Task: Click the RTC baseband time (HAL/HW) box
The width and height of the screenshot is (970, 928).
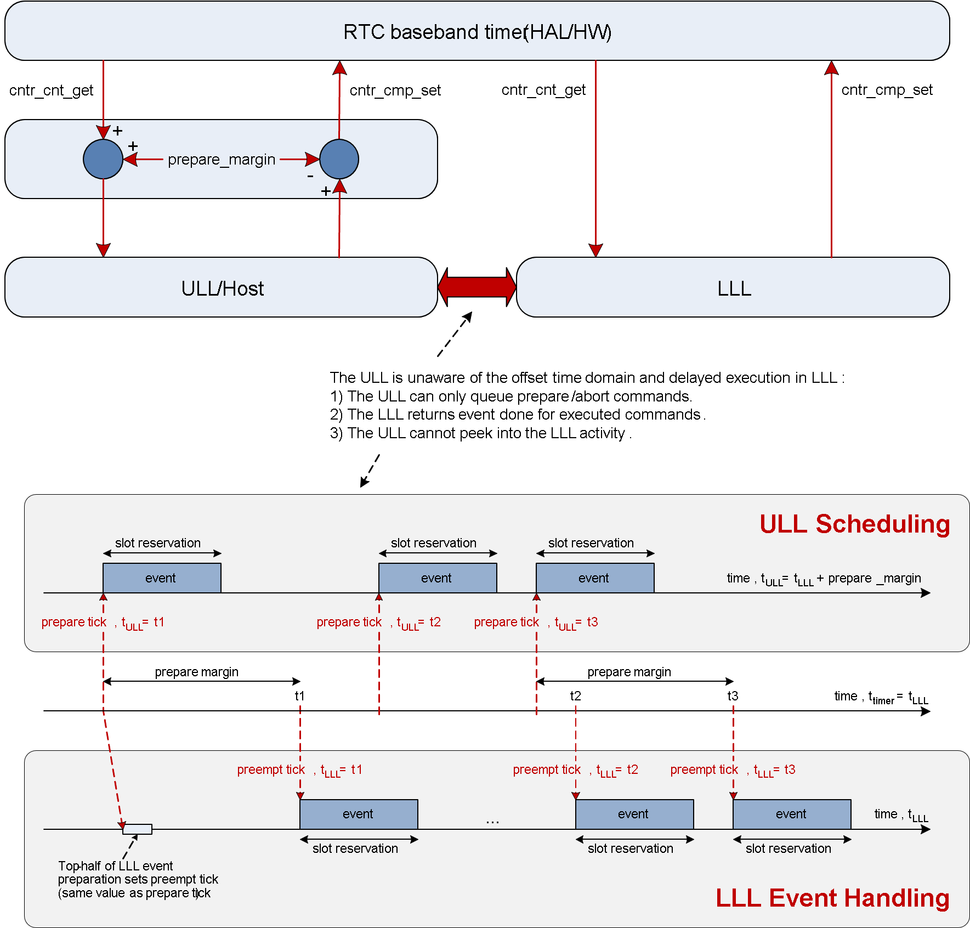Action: point(477,31)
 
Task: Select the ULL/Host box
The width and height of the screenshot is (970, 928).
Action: point(222,288)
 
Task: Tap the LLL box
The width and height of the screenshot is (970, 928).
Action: point(733,288)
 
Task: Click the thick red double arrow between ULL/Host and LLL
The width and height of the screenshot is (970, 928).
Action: point(477,287)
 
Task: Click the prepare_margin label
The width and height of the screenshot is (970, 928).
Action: point(222,160)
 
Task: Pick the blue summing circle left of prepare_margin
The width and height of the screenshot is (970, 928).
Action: point(103,159)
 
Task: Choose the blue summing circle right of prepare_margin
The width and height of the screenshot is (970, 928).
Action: point(339,159)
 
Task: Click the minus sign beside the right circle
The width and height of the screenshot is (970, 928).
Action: point(310,177)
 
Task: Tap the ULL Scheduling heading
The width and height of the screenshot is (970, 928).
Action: point(854,524)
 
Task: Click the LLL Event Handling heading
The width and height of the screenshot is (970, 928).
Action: point(832,898)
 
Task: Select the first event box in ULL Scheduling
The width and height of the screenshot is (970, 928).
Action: point(162,578)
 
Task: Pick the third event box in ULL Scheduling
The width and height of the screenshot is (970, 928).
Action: point(595,578)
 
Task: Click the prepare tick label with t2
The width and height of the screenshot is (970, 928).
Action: point(378,623)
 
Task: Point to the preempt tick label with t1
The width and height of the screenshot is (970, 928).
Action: point(299,770)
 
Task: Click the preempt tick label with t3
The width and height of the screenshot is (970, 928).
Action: point(733,770)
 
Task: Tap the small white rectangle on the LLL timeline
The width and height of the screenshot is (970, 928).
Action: point(138,829)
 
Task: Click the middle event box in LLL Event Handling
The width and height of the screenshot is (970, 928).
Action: point(634,814)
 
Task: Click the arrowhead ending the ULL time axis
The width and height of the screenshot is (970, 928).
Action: point(926,593)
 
